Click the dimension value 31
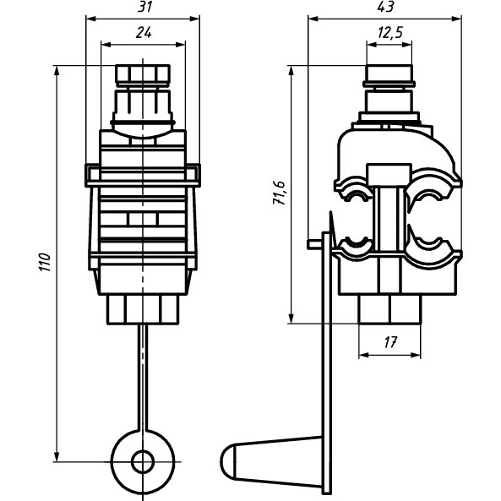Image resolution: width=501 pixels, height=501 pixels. coord(144,7)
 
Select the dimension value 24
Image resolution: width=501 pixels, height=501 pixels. coord(144,33)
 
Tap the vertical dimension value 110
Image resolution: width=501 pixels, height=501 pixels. coord(45,262)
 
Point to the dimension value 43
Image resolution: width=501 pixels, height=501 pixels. coord(385,7)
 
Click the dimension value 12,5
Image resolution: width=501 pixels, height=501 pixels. coord(389,33)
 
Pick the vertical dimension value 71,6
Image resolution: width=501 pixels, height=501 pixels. coord(279,193)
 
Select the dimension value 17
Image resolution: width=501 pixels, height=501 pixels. coord(389,342)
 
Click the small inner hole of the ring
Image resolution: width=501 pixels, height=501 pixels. coord(143,461)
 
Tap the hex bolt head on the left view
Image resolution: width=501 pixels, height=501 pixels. coord(143,74)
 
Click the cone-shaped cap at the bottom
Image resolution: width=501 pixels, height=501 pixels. coord(271,457)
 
